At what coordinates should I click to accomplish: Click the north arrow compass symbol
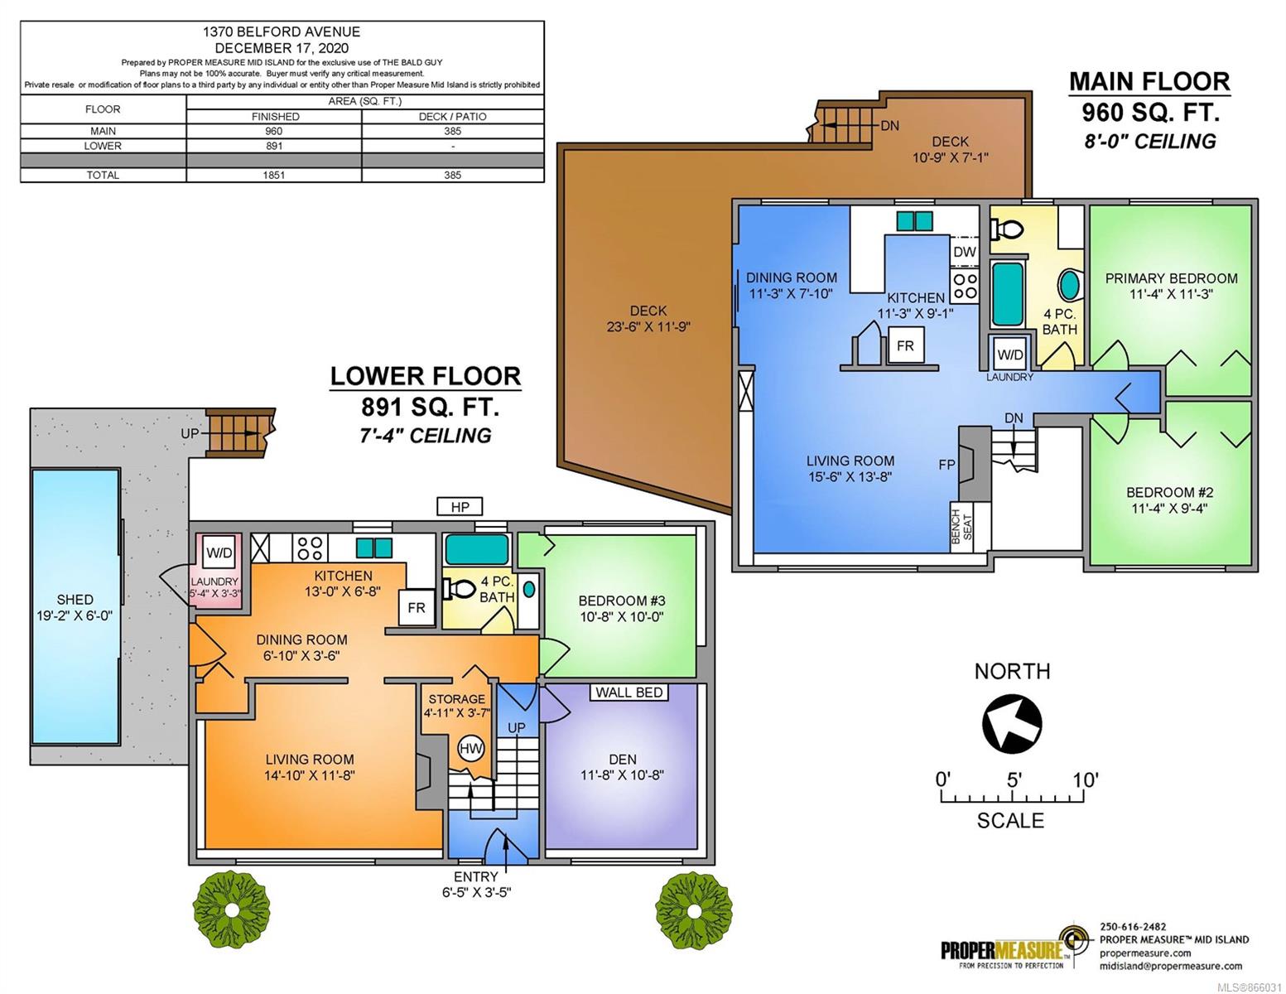(1011, 722)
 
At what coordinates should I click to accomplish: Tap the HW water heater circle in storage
(471, 748)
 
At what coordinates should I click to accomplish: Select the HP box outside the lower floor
(460, 507)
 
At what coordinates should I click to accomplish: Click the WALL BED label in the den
(629, 692)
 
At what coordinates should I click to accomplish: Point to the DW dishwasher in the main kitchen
(964, 252)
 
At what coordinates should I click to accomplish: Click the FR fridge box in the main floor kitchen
(905, 345)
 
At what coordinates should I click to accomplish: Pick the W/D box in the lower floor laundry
(219, 553)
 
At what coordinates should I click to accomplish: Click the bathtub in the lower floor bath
(476, 549)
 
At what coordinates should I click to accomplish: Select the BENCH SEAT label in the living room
(962, 527)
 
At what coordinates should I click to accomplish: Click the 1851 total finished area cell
(273, 175)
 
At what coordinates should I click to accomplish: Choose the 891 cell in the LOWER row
(273, 146)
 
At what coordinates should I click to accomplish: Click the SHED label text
(75, 599)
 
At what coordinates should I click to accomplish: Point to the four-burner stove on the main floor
(964, 285)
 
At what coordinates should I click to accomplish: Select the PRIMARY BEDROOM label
(1171, 278)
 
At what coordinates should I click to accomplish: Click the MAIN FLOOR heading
(1149, 82)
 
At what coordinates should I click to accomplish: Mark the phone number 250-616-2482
(1133, 927)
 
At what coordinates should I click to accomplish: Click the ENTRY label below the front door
(476, 876)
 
